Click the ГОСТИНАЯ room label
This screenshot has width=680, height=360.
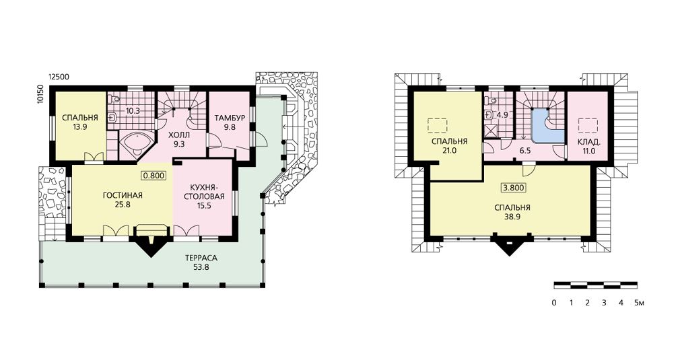coord(123,195)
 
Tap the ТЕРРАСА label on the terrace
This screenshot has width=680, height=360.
coord(201,258)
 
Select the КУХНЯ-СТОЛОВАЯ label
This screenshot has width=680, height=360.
coord(207,192)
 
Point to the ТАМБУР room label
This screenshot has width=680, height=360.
coord(230,118)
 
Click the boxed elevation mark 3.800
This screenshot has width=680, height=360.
coord(514,188)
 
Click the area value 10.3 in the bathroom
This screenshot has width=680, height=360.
coord(133,111)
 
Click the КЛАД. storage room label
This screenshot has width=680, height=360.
coord(589,142)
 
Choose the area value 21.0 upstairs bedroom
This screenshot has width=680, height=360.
coord(449,151)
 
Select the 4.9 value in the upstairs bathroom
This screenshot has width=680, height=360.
coord(502,115)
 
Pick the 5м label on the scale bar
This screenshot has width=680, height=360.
coord(639,303)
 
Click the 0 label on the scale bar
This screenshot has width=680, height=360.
coord(554,303)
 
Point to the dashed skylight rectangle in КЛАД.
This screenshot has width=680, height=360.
coord(588,126)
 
